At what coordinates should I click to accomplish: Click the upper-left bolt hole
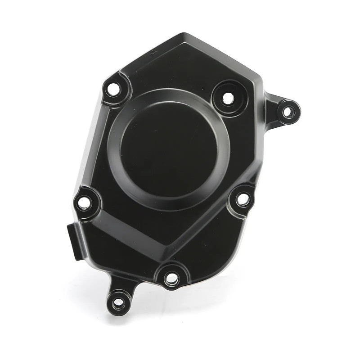(x=114, y=89)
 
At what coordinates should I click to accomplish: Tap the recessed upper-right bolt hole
(x=228, y=97)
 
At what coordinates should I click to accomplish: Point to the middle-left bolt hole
(x=84, y=202)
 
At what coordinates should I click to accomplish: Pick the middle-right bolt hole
(x=243, y=198)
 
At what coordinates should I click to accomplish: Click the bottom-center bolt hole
(x=171, y=279)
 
